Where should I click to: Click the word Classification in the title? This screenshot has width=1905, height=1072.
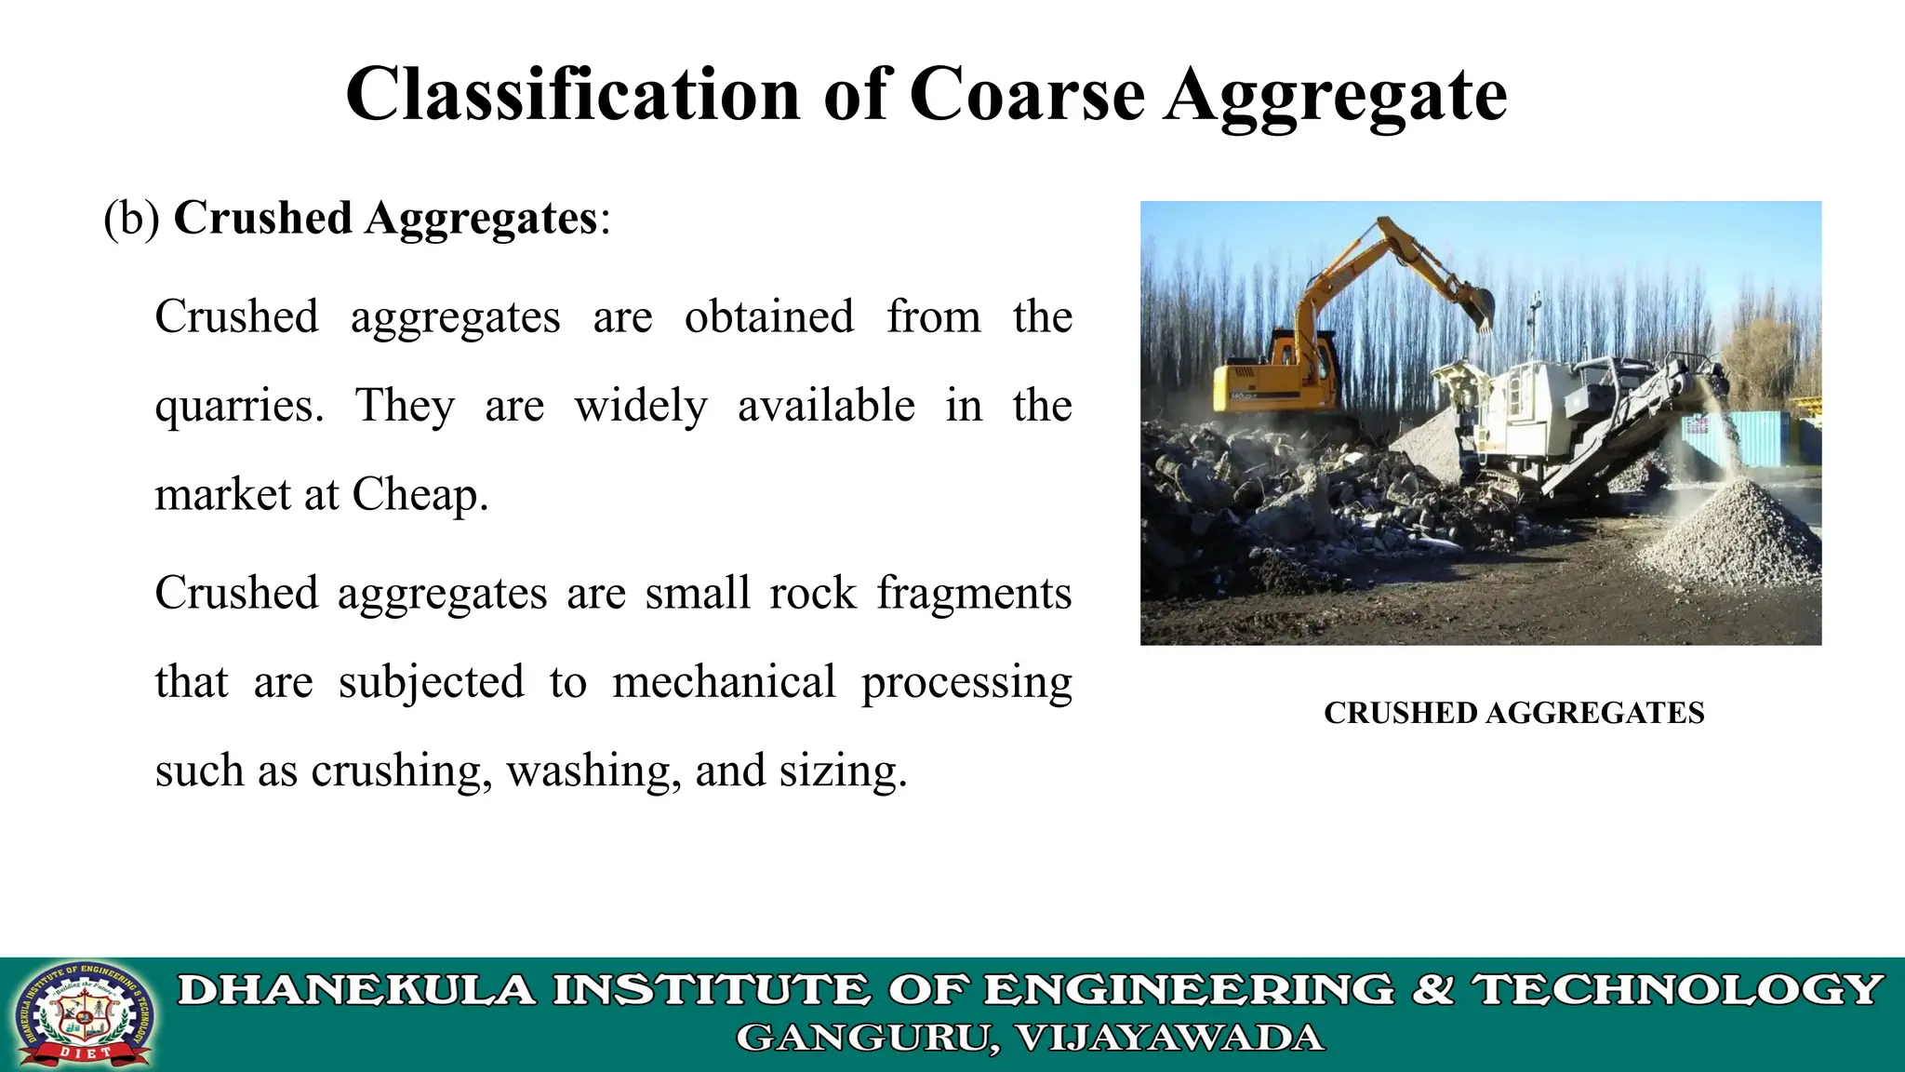pyautogui.click(x=572, y=95)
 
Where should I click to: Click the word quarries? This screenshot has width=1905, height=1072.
pyautogui.click(x=239, y=407)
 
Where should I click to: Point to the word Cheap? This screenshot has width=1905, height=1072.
pyautogui.click(x=419, y=494)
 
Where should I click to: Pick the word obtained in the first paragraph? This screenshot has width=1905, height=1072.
pyautogui.click(x=768, y=316)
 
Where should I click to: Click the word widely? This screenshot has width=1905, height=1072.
pyautogui.click(x=640, y=407)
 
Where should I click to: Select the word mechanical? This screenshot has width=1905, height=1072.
pyautogui.click(x=724, y=682)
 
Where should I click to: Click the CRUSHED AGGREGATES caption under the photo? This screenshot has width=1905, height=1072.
pyautogui.click(x=1513, y=713)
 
